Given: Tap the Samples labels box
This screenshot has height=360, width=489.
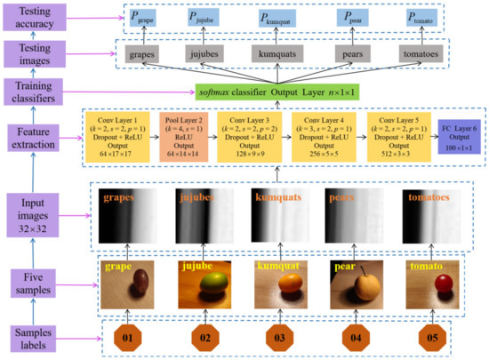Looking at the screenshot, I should click(34, 336).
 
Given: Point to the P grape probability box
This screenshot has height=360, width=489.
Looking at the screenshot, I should click(147, 18).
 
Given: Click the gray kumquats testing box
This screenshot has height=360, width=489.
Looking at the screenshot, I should click(277, 52).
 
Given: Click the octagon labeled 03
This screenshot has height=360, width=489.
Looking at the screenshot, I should click(277, 339).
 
